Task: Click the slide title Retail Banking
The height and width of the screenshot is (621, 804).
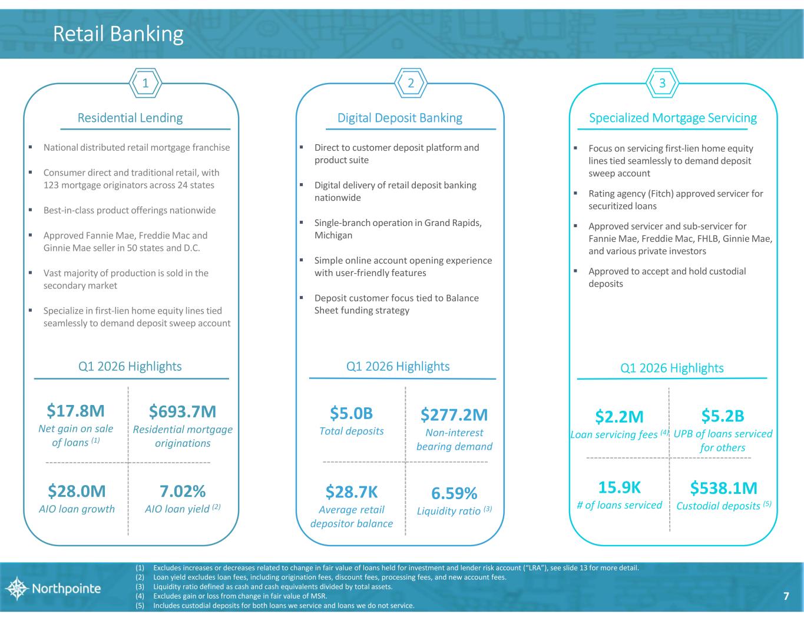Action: tap(118, 34)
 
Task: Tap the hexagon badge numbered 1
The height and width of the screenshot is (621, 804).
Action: tap(145, 84)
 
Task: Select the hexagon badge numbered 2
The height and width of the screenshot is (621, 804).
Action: tap(411, 84)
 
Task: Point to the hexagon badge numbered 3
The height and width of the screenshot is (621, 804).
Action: tap(663, 84)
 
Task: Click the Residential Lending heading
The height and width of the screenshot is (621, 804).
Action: tap(130, 118)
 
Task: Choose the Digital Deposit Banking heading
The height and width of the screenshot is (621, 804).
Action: tap(399, 118)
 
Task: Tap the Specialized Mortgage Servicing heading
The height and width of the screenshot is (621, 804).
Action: tap(673, 118)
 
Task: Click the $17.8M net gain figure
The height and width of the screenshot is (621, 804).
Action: tap(75, 410)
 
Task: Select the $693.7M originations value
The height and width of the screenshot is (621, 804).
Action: tap(183, 410)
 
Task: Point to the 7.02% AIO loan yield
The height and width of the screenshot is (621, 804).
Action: tap(183, 491)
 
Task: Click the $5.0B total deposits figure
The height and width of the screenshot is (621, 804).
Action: tap(351, 413)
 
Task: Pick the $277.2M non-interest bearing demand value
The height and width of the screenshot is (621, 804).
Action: tap(454, 415)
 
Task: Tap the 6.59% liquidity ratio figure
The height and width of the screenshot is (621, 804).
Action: tap(454, 493)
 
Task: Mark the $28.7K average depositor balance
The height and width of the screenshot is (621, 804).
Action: tap(351, 492)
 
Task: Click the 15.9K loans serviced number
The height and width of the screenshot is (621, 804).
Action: tap(619, 487)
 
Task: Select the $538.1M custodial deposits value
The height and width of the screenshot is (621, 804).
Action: tap(723, 488)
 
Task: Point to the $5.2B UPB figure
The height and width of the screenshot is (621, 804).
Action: tap(723, 416)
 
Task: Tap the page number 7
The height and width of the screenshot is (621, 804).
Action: tap(786, 596)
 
